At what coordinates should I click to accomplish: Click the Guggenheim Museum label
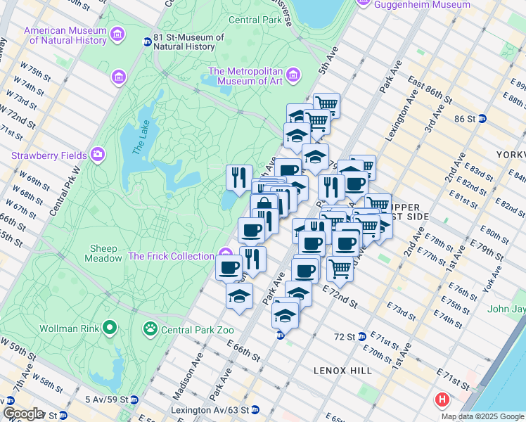coord(422,4)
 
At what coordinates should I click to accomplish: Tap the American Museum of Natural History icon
coord(117,33)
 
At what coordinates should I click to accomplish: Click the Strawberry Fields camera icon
coord(97,155)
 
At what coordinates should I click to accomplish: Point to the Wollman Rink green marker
coord(109,327)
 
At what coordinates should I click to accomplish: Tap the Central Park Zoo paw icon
coord(149,328)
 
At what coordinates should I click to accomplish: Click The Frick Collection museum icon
coord(225,255)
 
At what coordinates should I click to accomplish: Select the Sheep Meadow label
coord(105,253)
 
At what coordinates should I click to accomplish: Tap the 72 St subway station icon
coord(362,337)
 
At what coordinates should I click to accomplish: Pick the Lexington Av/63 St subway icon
coord(255,409)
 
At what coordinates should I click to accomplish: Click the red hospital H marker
coord(442,401)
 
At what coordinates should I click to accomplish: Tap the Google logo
coord(23,414)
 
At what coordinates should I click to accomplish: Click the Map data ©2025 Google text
coord(482,416)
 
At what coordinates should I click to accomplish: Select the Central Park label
coord(255,20)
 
